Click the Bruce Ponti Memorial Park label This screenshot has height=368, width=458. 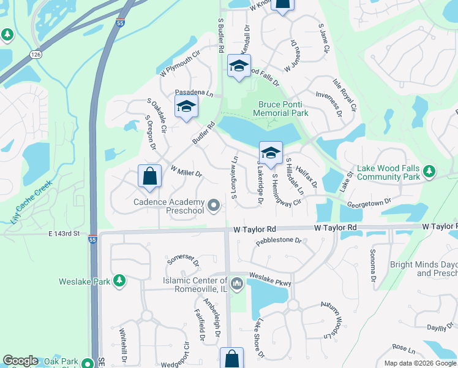click(282, 109)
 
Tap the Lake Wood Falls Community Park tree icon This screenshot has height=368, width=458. click(430, 169)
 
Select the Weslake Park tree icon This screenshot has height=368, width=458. click(119, 282)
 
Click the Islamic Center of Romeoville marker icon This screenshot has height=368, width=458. click(237, 282)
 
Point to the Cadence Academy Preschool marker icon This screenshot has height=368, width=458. click(214, 205)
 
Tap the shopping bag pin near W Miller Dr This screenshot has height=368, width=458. click(149, 177)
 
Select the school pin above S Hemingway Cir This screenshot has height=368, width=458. click(271, 152)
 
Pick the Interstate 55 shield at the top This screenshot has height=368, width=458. click(119, 23)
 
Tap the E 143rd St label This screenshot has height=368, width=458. click(65, 234)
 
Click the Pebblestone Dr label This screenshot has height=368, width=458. click(279, 240)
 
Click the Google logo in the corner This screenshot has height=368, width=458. click(21, 361)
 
